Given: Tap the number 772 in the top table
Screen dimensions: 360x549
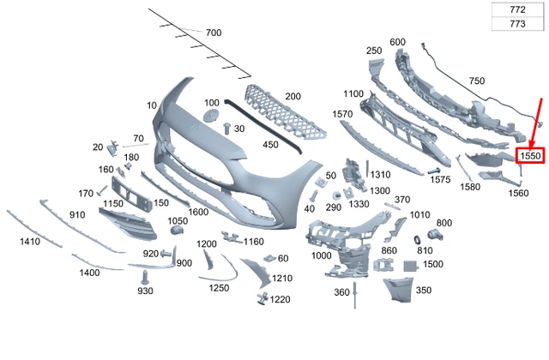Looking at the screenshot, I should pyautogui.click(x=517, y=9).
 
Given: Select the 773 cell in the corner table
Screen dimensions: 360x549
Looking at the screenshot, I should pyautogui.click(x=517, y=24).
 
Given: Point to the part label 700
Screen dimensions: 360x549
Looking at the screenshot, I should pyautogui.click(x=214, y=33).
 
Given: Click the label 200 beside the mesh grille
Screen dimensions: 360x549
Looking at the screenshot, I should pyautogui.click(x=293, y=96).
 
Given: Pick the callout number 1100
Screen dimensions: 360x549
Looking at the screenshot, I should pyautogui.click(x=354, y=93).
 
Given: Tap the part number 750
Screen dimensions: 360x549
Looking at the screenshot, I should pyautogui.click(x=477, y=81).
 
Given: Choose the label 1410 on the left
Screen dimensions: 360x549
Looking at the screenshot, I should pyautogui.click(x=30, y=243).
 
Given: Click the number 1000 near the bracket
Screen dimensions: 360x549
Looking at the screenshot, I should pyautogui.click(x=322, y=256).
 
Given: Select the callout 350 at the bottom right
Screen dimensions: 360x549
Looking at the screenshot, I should pyautogui.click(x=424, y=291).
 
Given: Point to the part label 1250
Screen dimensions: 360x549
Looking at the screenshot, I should pyautogui.click(x=219, y=288).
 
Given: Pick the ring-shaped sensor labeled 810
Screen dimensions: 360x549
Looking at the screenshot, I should pyautogui.click(x=420, y=236).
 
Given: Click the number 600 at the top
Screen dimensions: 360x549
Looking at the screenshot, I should pyautogui.click(x=397, y=42).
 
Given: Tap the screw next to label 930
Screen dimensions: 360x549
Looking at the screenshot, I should pyautogui.click(x=147, y=276).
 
